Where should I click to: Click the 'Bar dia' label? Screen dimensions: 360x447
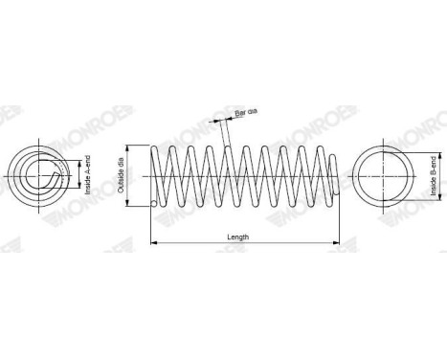coord(247,114)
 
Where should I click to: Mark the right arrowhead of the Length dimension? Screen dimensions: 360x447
coord(335,243)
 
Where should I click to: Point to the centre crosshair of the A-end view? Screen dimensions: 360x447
coord(40,176)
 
